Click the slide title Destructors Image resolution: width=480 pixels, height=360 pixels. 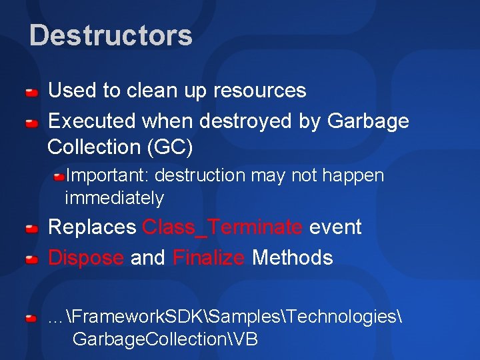point(111,35)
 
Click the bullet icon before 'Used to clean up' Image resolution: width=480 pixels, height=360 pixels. point(31,92)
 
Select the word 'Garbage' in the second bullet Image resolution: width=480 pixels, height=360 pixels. point(368,121)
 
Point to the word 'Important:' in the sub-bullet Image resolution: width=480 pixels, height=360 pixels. point(108,176)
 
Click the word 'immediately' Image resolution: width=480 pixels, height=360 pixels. point(114,198)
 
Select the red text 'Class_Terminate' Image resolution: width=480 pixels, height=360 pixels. point(222,227)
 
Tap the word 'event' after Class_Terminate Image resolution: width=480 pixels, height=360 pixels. point(335,227)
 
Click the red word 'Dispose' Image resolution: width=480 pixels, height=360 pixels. point(86,257)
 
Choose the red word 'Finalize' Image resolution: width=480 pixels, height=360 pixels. point(208,257)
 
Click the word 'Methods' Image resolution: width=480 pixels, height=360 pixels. point(292,257)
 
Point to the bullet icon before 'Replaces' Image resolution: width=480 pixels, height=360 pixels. point(31,229)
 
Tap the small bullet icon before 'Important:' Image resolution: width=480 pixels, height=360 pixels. point(59,176)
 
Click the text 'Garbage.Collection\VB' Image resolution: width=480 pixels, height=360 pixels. point(165,339)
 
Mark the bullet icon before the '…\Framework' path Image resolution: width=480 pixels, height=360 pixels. point(31,319)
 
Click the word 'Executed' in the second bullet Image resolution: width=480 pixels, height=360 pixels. point(92,121)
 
